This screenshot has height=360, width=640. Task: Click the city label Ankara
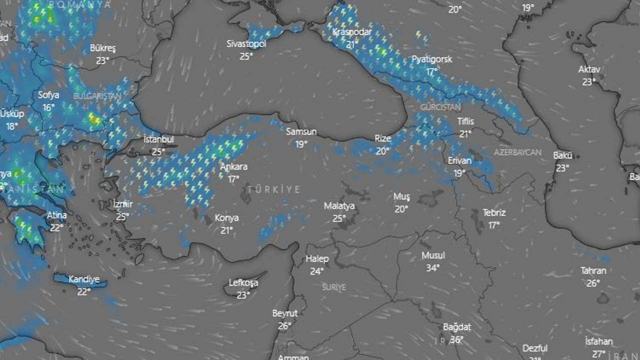tap(233, 167)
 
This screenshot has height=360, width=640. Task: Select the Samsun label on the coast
tap(301, 132)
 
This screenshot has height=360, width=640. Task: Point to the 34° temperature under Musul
tap(433, 268)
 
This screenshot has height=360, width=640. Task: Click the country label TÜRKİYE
tap(273, 189)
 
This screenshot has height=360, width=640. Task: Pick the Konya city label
tap(226, 218)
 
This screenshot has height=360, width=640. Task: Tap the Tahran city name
tap(593, 271)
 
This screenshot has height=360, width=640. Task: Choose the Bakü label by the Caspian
tap(562, 155)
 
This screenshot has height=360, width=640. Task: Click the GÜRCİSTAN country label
tap(440, 107)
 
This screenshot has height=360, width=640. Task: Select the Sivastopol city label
tap(246, 44)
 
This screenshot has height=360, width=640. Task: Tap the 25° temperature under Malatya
tap(339, 218)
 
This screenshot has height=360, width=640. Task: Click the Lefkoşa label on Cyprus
tap(243, 283)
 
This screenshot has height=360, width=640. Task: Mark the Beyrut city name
tap(285, 313)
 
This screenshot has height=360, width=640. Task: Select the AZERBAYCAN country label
tap(517, 152)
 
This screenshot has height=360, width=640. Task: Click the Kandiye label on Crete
tap(84, 279)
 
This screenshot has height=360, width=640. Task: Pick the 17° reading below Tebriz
tap(494, 225)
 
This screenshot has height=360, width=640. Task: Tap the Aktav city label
tap(589, 69)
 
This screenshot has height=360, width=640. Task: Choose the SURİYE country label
tap(334, 287)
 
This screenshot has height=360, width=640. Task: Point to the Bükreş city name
tap(103, 48)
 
